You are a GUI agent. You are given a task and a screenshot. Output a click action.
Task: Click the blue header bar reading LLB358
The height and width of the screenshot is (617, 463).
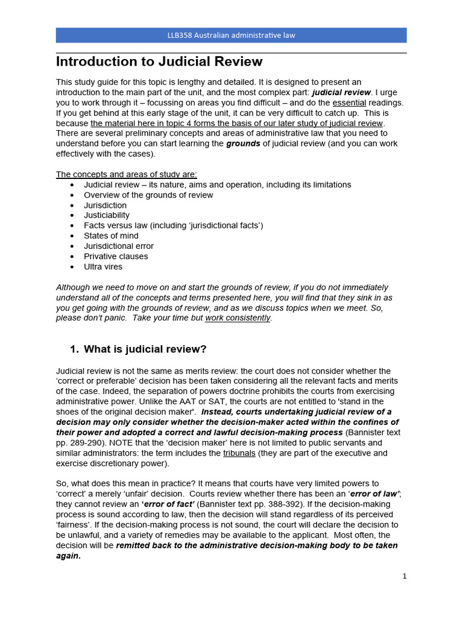point(231,35)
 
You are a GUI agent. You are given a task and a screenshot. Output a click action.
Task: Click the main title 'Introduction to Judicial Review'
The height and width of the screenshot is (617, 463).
point(159,61)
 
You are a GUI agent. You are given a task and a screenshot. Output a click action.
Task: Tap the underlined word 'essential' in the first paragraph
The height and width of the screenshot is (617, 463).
point(349,102)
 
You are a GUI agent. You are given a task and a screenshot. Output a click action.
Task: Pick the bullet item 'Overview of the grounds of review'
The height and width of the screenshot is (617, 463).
point(148,195)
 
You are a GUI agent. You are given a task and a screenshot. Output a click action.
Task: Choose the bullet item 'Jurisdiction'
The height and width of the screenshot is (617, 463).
point(105,205)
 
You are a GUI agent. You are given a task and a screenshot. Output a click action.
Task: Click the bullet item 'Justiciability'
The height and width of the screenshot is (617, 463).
point(107,215)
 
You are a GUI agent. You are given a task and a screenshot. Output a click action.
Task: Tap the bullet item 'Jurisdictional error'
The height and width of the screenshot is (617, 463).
point(119,246)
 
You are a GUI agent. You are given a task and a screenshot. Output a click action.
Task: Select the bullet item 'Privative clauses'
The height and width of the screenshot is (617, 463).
point(116,256)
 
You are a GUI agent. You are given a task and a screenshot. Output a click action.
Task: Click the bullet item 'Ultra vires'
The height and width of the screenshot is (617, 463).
point(103,266)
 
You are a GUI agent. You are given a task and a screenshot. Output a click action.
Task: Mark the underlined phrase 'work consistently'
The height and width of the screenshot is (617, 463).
point(238,318)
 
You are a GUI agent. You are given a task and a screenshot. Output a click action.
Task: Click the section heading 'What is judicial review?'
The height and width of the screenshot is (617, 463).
point(145,349)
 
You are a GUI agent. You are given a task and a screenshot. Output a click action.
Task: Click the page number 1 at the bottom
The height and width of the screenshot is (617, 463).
point(405,576)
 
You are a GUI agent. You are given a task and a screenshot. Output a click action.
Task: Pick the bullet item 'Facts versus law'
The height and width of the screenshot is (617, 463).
point(174,225)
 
